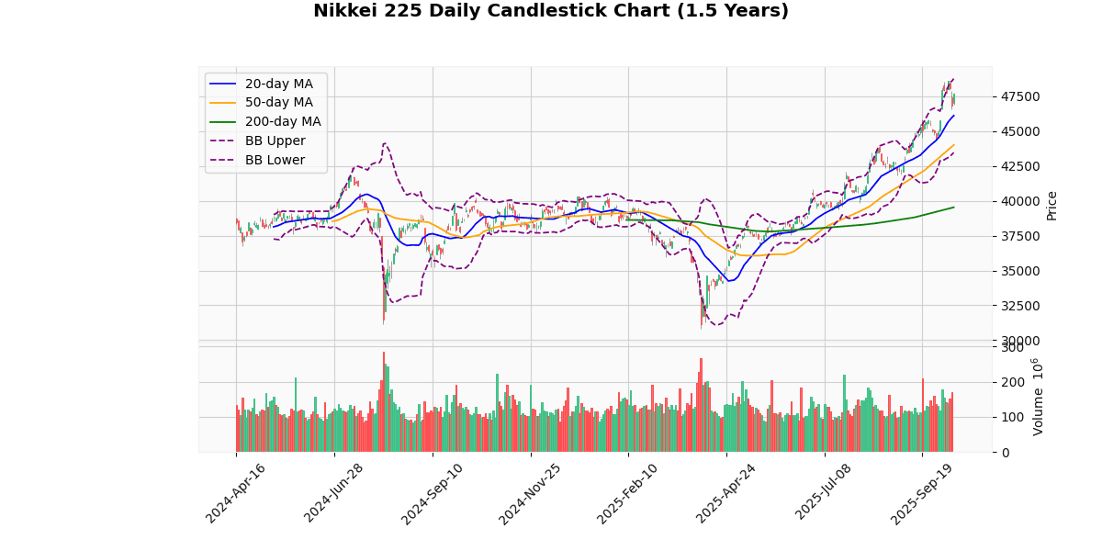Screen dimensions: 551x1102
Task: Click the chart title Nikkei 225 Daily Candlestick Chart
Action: [x=550, y=11]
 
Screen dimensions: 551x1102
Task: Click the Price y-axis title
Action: [x=1052, y=205]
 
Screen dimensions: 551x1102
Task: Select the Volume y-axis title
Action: [x=1039, y=397]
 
